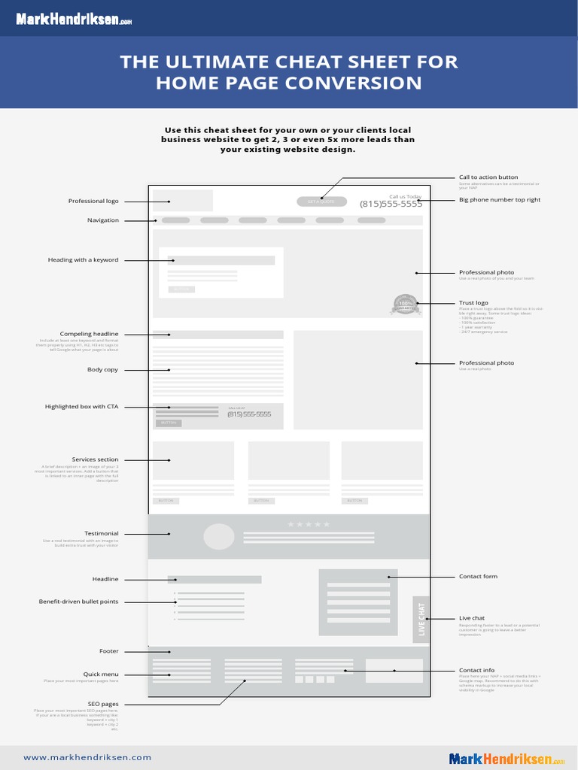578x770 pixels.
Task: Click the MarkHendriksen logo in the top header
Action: tap(74, 20)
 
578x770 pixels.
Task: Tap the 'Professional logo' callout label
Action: tap(93, 201)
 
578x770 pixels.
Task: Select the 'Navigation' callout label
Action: tap(103, 220)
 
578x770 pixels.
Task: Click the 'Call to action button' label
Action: tap(488, 177)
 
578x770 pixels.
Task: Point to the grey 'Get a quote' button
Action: tap(321, 202)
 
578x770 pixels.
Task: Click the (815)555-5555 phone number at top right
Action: tap(391, 204)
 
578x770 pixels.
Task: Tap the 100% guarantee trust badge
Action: tap(405, 304)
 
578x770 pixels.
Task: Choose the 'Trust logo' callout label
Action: tap(473, 302)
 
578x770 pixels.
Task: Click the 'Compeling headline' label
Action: tap(89, 334)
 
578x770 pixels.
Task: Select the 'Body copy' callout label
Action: tap(102, 370)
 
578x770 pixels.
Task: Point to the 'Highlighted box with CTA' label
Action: tap(81, 407)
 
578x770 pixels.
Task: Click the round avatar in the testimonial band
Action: tap(219, 537)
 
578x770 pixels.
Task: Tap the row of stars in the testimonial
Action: tap(309, 524)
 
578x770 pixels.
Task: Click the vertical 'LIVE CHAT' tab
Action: tap(421, 620)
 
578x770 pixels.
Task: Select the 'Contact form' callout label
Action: tap(478, 577)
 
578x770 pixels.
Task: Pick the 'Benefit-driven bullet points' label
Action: tap(78, 602)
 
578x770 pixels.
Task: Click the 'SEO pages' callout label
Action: tap(103, 704)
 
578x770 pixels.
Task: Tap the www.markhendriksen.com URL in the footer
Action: tap(87, 757)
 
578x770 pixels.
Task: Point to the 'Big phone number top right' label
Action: tap(500, 200)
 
